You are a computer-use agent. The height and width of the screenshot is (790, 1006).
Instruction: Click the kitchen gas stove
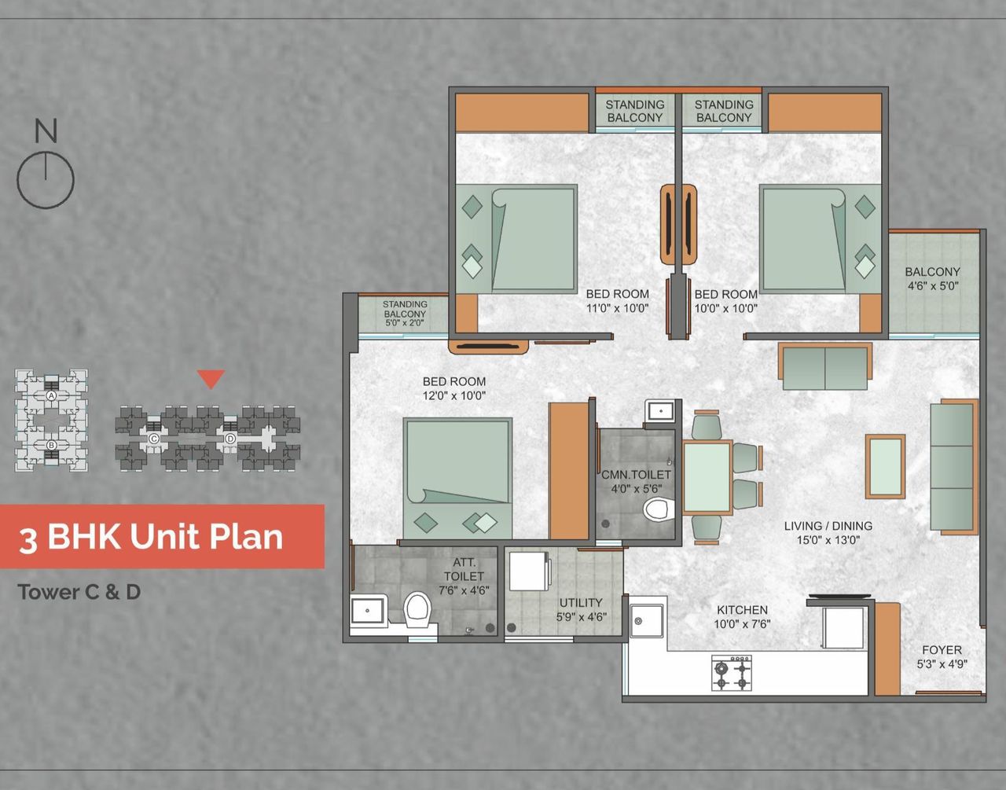tap(732, 674)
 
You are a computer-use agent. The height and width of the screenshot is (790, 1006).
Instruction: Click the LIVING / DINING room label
tap(828, 526)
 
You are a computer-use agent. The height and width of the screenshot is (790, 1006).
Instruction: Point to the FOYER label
tap(942, 650)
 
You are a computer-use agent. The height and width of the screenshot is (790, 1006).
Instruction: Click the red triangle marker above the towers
tap(211, 378)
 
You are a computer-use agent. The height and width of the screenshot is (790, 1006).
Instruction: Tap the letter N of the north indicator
tap(46, 130)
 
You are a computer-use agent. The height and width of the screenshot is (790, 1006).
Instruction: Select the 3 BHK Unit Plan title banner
tap(161, 537)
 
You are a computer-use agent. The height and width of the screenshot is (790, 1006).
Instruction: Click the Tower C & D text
tap(79, 592)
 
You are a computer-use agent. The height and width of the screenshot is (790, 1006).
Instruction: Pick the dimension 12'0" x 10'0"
tap(454, 395)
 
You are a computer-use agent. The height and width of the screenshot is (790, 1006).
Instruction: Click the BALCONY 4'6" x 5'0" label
tap(933, 278)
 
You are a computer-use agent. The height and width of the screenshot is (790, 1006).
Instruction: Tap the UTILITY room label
tap(581, 603)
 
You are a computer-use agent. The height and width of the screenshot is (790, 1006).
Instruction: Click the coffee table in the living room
tap(885, 466)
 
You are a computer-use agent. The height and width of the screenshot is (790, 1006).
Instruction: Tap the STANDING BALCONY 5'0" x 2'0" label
tap(405, 313)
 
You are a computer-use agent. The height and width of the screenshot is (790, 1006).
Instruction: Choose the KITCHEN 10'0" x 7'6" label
tap(742, 616)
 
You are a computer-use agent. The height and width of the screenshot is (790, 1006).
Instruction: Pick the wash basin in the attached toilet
tap(368, 609)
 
